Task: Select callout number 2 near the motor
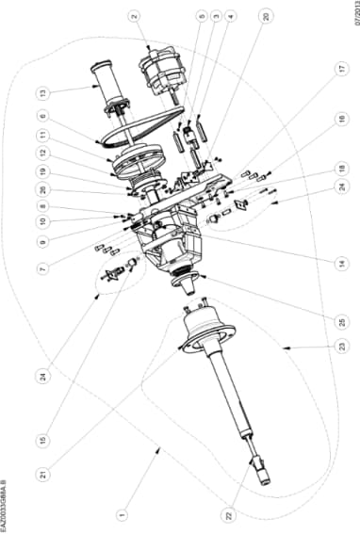135,16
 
